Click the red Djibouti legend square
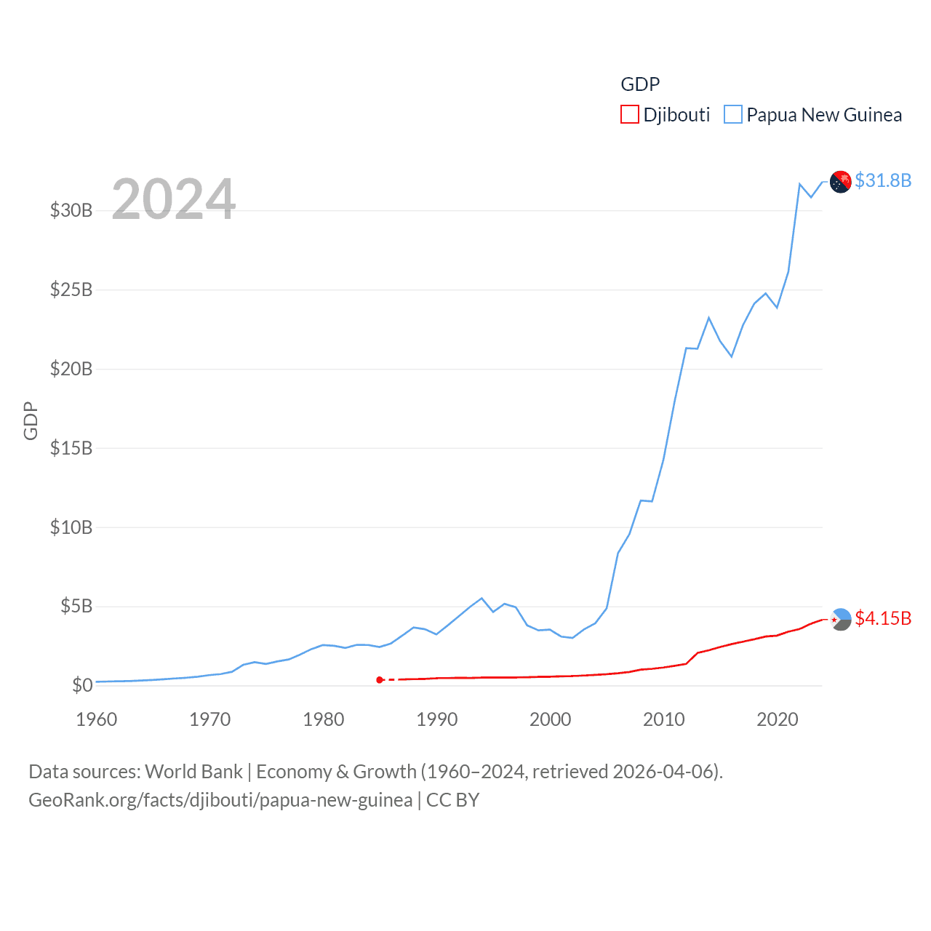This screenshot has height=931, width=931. [629, 115]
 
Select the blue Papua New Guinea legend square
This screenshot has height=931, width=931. [733, 115]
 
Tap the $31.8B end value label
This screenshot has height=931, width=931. [883, 180]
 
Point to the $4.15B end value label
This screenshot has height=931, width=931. [883, 618]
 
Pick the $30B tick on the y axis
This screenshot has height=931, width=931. [71, 211]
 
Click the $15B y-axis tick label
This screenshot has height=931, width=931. [71, 448]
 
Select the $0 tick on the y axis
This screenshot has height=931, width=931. [82, 685]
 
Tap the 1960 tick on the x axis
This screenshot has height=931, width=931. [97, 720]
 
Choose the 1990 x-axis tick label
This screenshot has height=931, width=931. [437, 720]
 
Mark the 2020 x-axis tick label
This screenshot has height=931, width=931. [778, 720]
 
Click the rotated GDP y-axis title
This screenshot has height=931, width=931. [31, 420]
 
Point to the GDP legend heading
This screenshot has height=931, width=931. [640, 84]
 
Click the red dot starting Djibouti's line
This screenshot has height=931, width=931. [380, 680]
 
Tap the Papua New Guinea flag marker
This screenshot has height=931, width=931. [841, 181]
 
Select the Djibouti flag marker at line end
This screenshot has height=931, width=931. [841, 619]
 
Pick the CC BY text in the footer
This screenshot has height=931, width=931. [452, 800]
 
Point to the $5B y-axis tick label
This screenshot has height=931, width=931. [76, 606]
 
